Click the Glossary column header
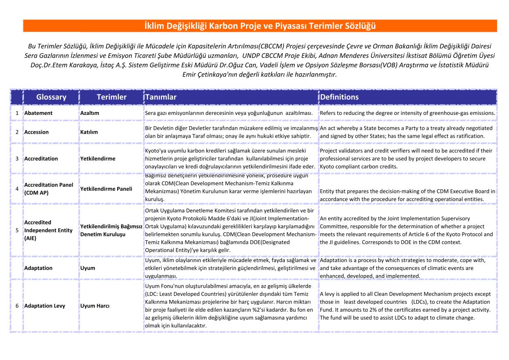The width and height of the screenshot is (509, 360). pos(51,97)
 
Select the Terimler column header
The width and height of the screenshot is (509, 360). pos(111,97)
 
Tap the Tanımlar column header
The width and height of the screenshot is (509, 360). pos(161,97)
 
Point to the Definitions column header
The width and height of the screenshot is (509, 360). pos(339,97)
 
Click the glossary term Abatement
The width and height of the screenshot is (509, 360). pos(38,113)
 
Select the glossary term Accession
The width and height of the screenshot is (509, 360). pos(37,132)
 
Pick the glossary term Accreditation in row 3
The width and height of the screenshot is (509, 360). pos(41,158)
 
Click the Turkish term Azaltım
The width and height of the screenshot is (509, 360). pos(90,113)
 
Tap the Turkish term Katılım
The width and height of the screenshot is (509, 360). pos(89,132)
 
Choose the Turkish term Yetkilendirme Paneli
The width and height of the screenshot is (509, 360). pos(106,189)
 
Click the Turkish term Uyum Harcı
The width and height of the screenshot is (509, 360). pos(95,306)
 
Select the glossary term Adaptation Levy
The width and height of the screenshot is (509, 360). pos(45,306)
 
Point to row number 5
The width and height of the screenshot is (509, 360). pos(17,230)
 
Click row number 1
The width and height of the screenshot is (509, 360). pos(17,113)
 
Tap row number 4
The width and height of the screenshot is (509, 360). pos(17,189)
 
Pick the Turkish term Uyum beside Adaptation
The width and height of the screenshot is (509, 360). pos(88,268)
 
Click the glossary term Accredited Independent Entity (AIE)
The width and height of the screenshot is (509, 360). pos(48,230)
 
